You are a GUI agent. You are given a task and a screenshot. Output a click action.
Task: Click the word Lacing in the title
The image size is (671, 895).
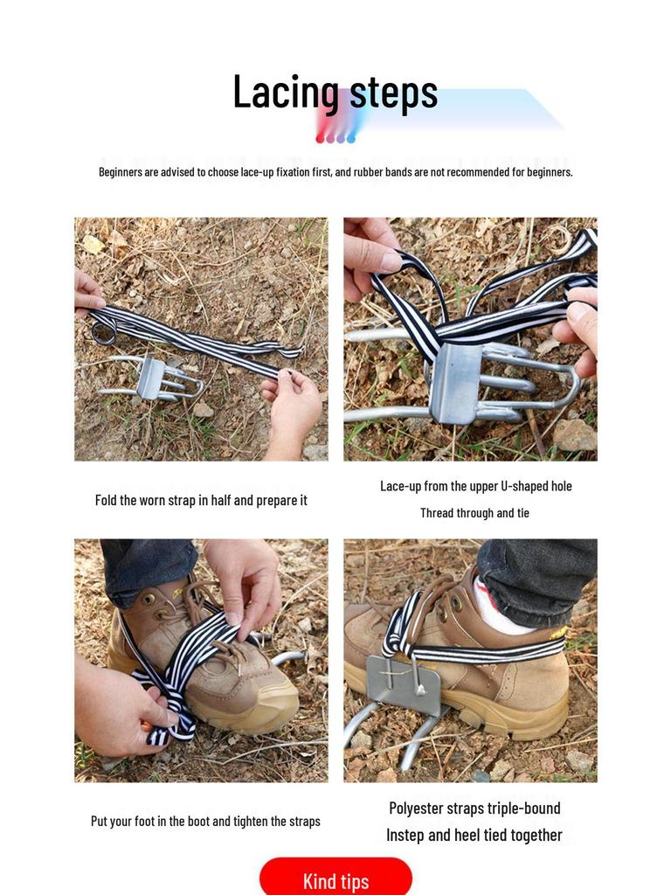[285, 93]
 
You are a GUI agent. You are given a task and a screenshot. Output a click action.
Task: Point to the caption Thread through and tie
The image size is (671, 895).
[474, 513]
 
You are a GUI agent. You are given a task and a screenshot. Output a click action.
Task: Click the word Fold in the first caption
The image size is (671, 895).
[105, 501]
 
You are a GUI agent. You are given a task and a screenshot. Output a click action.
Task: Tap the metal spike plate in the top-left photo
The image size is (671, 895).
[150, 378]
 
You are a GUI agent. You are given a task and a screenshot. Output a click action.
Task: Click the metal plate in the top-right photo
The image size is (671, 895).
[456, 382]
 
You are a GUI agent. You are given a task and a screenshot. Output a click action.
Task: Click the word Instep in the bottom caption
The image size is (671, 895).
[408, 836]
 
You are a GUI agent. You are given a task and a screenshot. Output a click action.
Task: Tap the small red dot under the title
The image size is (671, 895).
[320, 138]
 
